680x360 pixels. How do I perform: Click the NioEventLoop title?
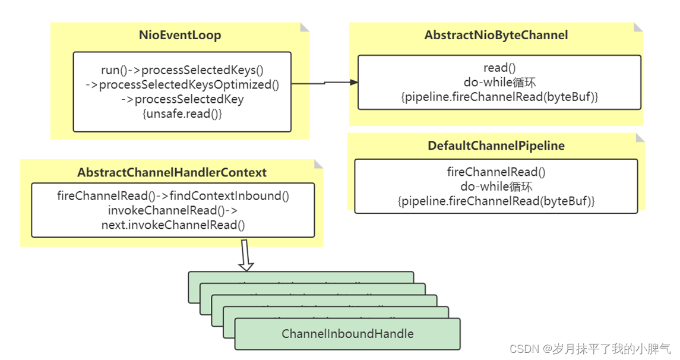pos(180,36)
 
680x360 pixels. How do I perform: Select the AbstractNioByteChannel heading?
pos(496,36)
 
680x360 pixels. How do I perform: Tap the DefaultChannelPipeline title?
pos(496,146)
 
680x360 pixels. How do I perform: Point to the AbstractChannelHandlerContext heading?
pos(172,173)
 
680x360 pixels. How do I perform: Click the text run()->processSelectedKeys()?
pos(182,70)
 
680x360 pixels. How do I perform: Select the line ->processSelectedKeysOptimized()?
pos(182,84)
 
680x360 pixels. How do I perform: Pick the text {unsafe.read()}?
pos(182,113)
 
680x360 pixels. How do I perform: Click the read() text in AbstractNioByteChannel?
pos(496,67)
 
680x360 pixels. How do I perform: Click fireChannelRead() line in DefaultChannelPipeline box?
pos(496,172)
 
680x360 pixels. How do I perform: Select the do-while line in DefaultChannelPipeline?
pos(496,187)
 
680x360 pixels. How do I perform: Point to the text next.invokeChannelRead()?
pos(173,225)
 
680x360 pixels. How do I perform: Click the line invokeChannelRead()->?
pos(173,210)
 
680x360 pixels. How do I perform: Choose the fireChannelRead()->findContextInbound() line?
pos(173,195)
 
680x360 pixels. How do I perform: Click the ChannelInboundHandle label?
pos(347,334)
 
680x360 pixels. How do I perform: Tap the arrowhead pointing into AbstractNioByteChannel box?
pos(354,82)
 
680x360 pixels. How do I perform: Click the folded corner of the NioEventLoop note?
pos(305,27)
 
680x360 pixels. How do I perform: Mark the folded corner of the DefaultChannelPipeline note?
pos(640,137)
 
